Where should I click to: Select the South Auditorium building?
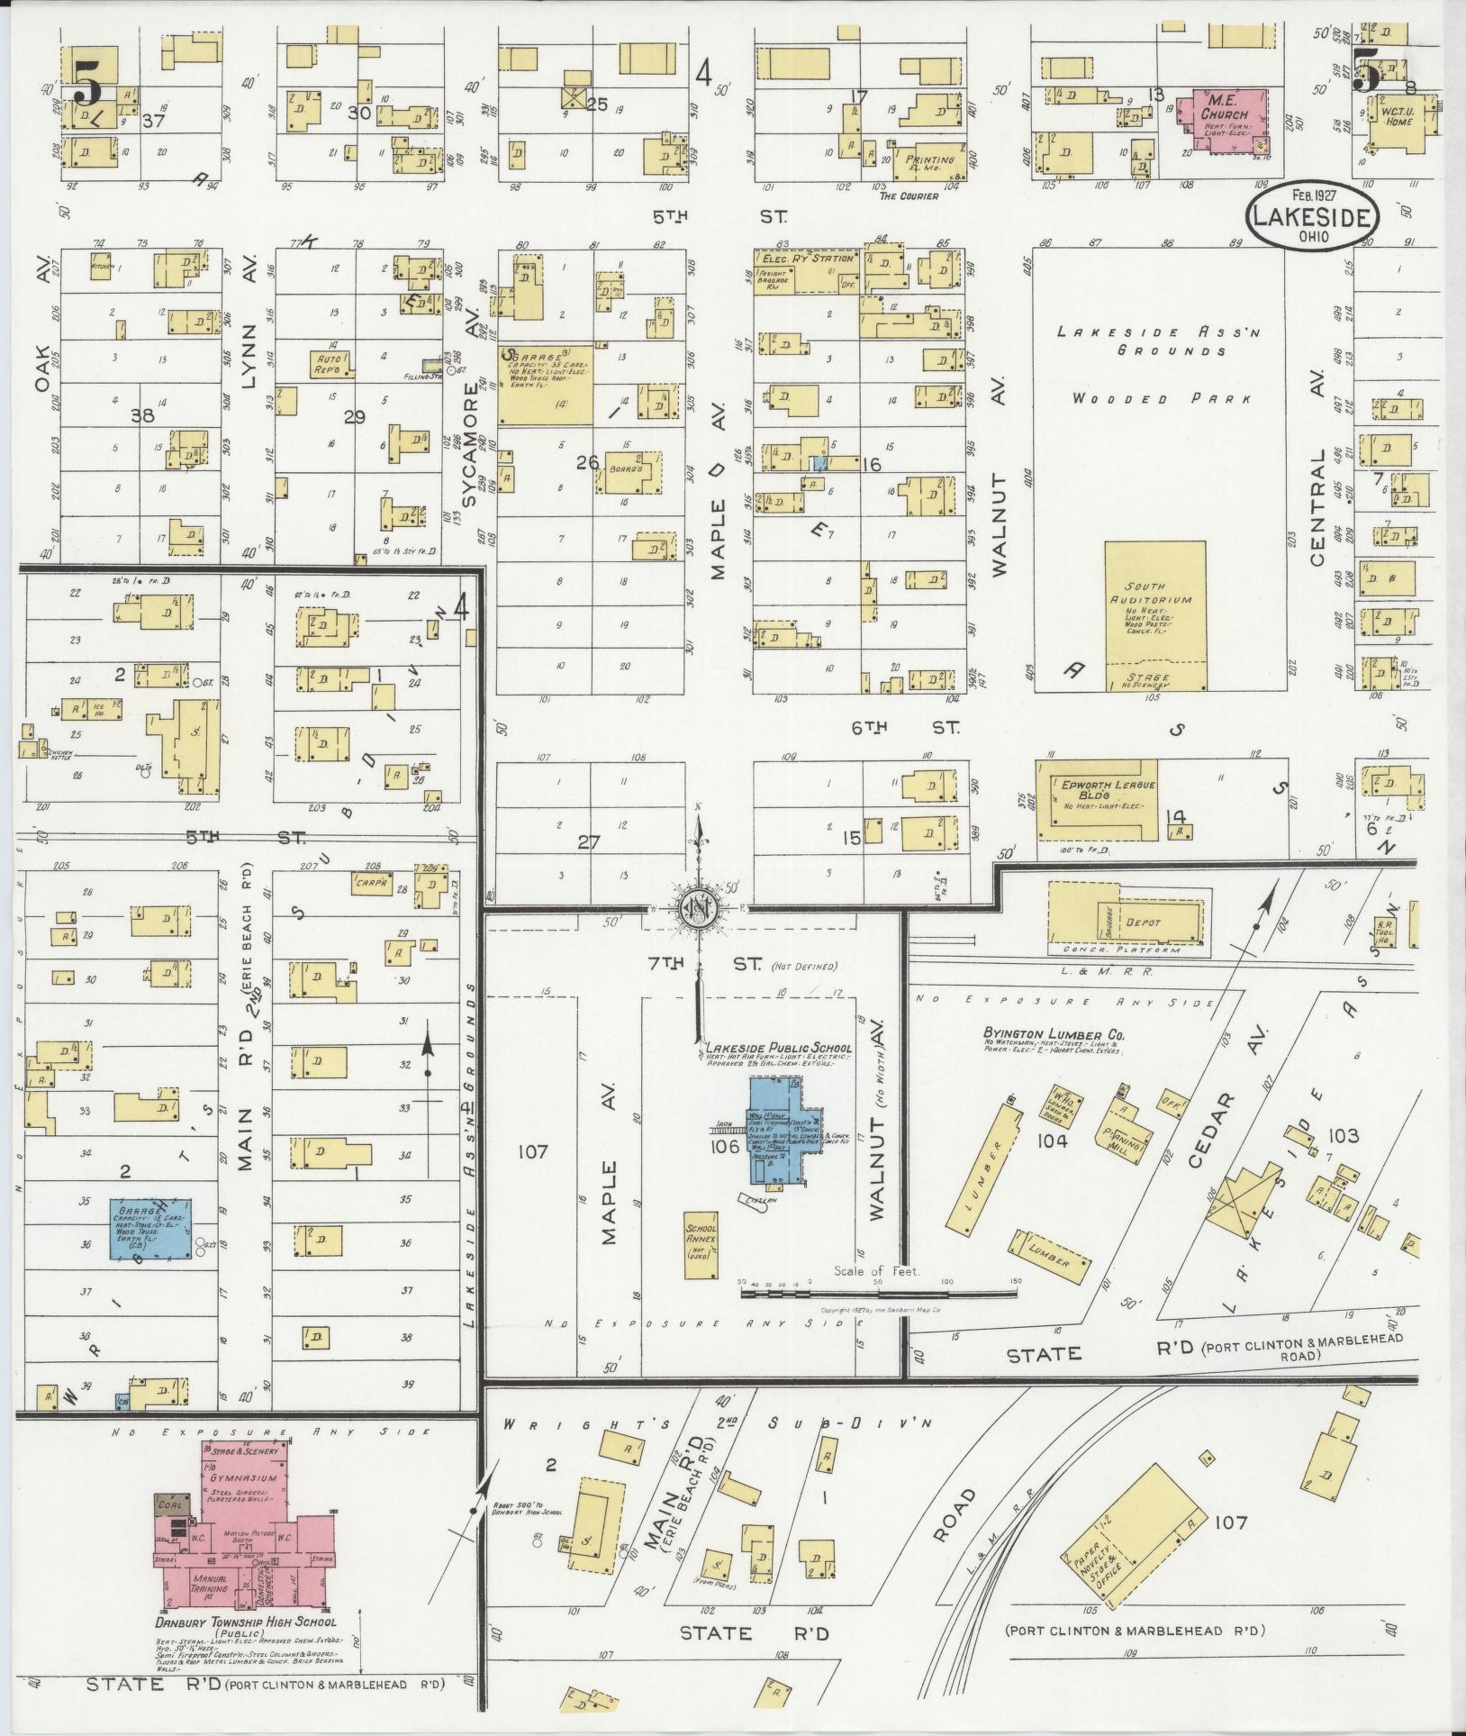(x=1155, y=615)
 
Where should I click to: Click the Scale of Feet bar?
(x=878, y=1292)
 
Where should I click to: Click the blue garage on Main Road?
(x=150, y=1228)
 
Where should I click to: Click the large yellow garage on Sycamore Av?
(x=546, y=385)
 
